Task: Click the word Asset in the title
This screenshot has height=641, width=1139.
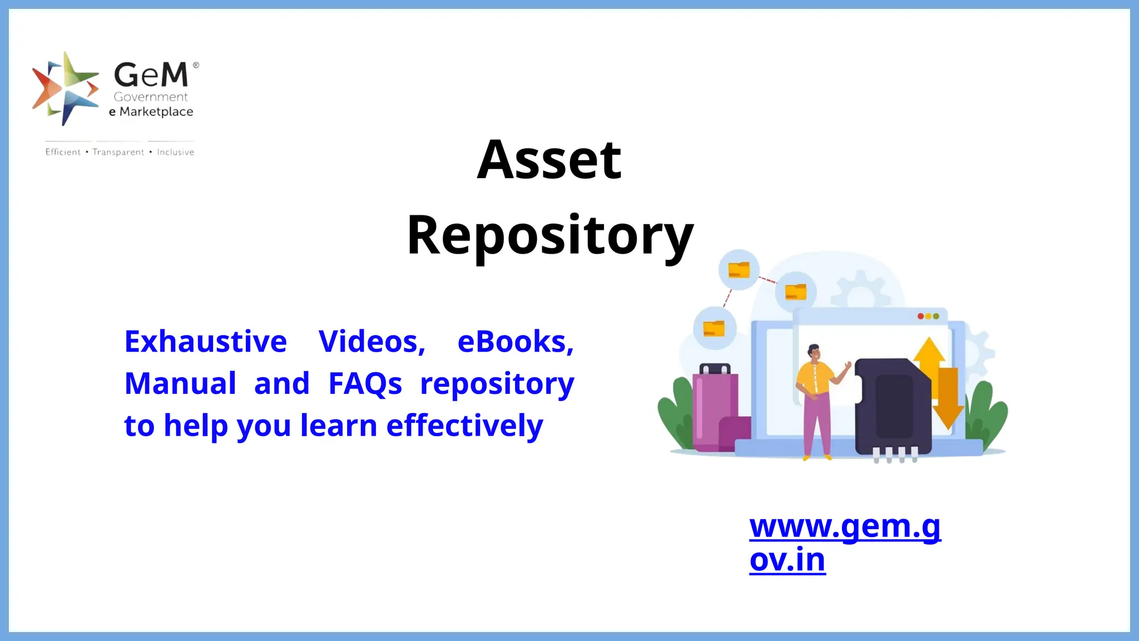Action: [549, 160]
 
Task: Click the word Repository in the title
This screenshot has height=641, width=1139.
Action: [550, 236]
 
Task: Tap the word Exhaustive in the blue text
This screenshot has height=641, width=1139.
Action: [205, 341]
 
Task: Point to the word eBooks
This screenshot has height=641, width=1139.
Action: [515, 341]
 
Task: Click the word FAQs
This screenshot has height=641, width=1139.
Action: [365, 383]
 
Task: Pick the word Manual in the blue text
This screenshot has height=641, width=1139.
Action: [180, 383]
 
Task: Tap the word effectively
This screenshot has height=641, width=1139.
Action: [464, 426]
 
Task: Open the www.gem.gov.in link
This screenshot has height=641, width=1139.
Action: [844, 543]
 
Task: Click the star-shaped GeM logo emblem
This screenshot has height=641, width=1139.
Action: [65, 88]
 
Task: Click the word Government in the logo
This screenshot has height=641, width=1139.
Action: [151, 97]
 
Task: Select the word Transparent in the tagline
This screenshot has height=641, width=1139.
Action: [118, 152]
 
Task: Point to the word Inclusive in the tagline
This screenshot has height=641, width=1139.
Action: [175, 152]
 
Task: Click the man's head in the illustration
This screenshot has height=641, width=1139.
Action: [814, 352]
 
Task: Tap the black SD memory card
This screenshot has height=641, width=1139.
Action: [892, 406]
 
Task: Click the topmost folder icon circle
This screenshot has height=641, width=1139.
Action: [739, 270]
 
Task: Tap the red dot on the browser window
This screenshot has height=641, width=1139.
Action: [920, 316]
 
